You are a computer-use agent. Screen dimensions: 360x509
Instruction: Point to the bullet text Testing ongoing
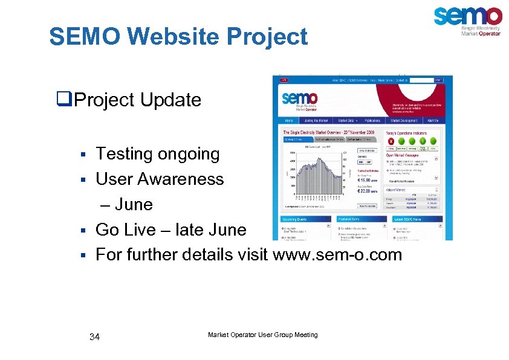click(x=157, y=154)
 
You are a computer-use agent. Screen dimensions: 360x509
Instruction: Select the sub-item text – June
click(x=126, y=204)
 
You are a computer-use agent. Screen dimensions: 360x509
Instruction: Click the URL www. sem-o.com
click(x=337, y=254)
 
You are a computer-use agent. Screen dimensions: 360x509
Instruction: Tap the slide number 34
click(x=94, y=336)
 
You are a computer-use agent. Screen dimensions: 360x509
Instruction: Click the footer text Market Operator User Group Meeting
click(x=262, y=335)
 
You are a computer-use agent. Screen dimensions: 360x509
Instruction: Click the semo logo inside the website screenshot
click(x=300, y=100)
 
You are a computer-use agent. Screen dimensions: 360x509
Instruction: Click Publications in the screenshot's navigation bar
click(x=373, y=120)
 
